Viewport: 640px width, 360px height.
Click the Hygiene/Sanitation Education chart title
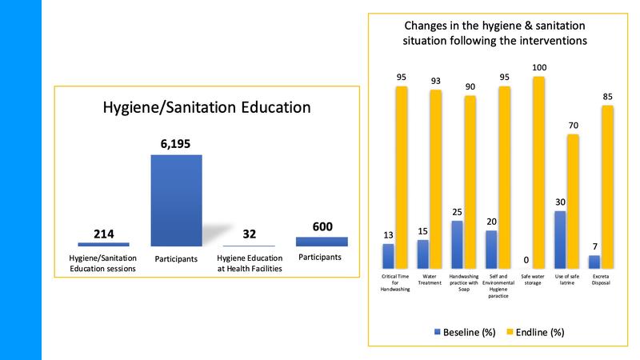[x=207, y=106]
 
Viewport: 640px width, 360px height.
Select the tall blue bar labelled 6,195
[x=176, y=200]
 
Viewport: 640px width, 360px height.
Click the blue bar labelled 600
[x=322, y=241]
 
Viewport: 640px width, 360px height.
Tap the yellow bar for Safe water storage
[x=538, y=172]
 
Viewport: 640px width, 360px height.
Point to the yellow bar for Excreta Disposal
[x=607, y=186]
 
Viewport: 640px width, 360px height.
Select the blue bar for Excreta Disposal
[x=594, y=262]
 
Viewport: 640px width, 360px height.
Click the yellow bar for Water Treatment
[x=435, y=178]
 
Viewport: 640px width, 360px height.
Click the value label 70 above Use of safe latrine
[x=574, y=126]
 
